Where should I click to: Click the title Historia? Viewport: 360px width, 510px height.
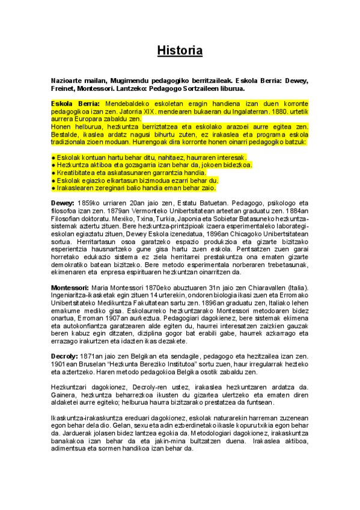point(180,51)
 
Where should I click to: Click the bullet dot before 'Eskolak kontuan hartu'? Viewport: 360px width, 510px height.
point(53,157)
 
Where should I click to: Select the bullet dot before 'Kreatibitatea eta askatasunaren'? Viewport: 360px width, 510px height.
point(53,173)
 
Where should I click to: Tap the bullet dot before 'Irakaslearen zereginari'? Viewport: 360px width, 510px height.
point(53,188)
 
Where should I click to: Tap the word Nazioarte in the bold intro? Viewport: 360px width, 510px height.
point(67,80)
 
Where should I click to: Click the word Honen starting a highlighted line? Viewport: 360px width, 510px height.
point(62,127)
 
